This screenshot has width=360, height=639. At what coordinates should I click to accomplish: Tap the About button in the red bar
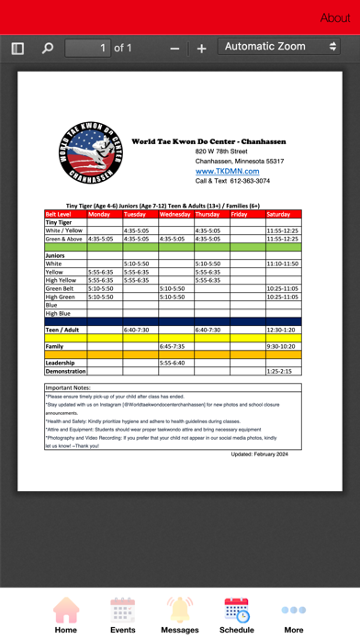pyautogui.click(x=335, y=17)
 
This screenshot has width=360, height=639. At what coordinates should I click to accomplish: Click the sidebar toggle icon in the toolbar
pyautogui.click(x=17, y=48)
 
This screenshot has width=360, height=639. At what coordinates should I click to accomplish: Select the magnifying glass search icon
pyautogui.click(x=48, y=48)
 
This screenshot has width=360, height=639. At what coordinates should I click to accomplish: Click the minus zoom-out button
pyautogui.click(x=174, y=48)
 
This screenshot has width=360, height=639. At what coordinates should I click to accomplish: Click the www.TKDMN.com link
pyautogui.click(x=227, y=171)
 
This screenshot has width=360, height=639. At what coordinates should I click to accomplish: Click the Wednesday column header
pyautogui.click(x=175, y=214)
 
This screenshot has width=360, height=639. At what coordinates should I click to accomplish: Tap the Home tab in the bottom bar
pyautogui.click(x=65, y=614)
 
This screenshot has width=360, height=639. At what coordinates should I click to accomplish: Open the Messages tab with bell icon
pyautogui.click(x=180, y=614)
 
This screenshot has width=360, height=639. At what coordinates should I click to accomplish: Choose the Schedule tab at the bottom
pyautogui.click(x=236, y=614)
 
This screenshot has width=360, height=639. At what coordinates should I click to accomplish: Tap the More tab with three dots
pyautogui.click(x=294, y=614)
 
